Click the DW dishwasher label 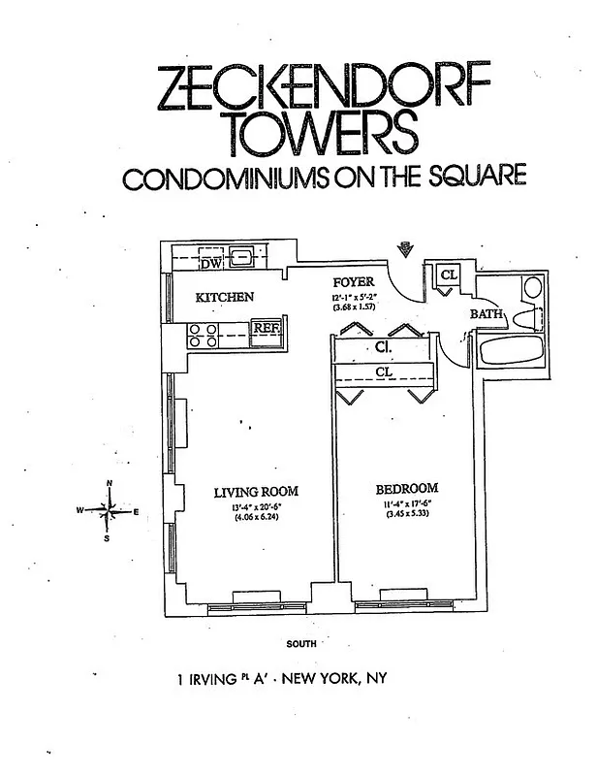210,263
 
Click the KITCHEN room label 225,297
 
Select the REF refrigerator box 266,328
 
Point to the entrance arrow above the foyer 407,249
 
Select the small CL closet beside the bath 448,275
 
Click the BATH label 485,314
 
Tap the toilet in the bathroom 525,317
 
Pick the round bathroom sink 531,287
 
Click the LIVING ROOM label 255,492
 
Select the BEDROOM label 406,488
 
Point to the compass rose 110,508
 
